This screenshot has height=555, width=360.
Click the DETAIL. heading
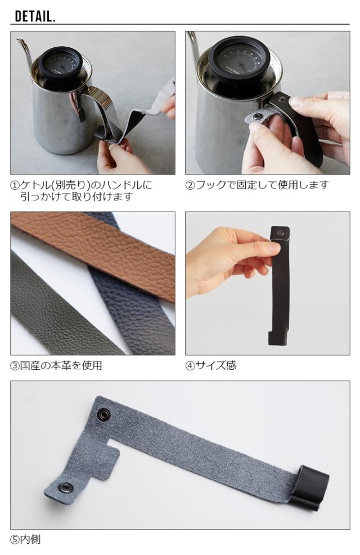point(35,16)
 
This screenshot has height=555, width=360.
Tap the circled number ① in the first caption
point(15,185)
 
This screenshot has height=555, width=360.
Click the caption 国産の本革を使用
point(61,365)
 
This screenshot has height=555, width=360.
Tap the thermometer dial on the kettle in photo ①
point(60,64)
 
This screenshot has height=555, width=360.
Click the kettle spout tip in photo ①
point(16,39)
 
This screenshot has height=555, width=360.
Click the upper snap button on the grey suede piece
point(103,414)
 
